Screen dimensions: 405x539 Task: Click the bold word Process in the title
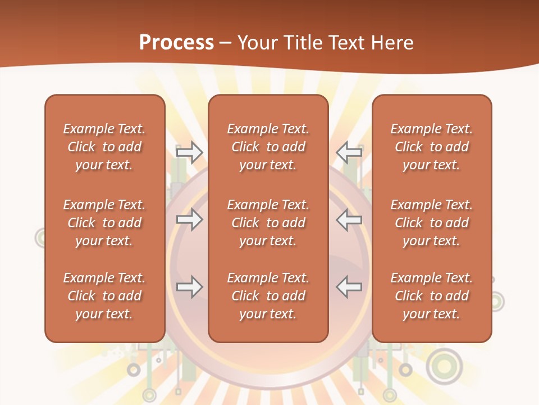click(x=176, y=43)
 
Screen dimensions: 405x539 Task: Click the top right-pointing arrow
click(x=189, y=152)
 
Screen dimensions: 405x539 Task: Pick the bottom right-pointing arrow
click(x=189, y=287)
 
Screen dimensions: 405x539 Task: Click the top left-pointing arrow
click(x=349, y=152)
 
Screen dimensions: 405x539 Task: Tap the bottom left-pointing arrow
click(x=349, y=287)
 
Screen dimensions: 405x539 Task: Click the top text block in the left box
click(x=104, y=147)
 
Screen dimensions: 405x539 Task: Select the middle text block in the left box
click(x=104, y=223)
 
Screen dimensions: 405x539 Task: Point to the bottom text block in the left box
click(x=104, y=296)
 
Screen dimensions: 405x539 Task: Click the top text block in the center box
click(x=268, y=147)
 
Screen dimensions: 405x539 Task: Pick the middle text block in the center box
click(x=268, y=223)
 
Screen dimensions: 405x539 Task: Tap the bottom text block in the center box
click(x=268, y=296)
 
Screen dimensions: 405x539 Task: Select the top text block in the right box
click(x=432, y=147)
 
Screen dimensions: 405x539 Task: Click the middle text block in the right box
click(x=432, y=223)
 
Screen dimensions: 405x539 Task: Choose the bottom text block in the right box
click(x=432, y=296)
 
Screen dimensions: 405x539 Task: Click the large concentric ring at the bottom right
click(x=444, y=367)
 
